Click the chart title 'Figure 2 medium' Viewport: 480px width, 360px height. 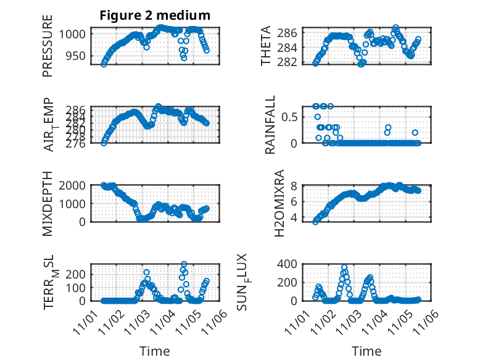tap(155, 15)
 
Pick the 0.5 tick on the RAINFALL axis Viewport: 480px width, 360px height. tap(290, 116)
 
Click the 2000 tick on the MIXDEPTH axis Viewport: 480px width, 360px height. tap(75, 185)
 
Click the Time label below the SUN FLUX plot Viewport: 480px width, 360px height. tap(366, 351)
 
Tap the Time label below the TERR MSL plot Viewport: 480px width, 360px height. tap(155, 351)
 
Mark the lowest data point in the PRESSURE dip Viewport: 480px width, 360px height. tap(184, 57)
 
